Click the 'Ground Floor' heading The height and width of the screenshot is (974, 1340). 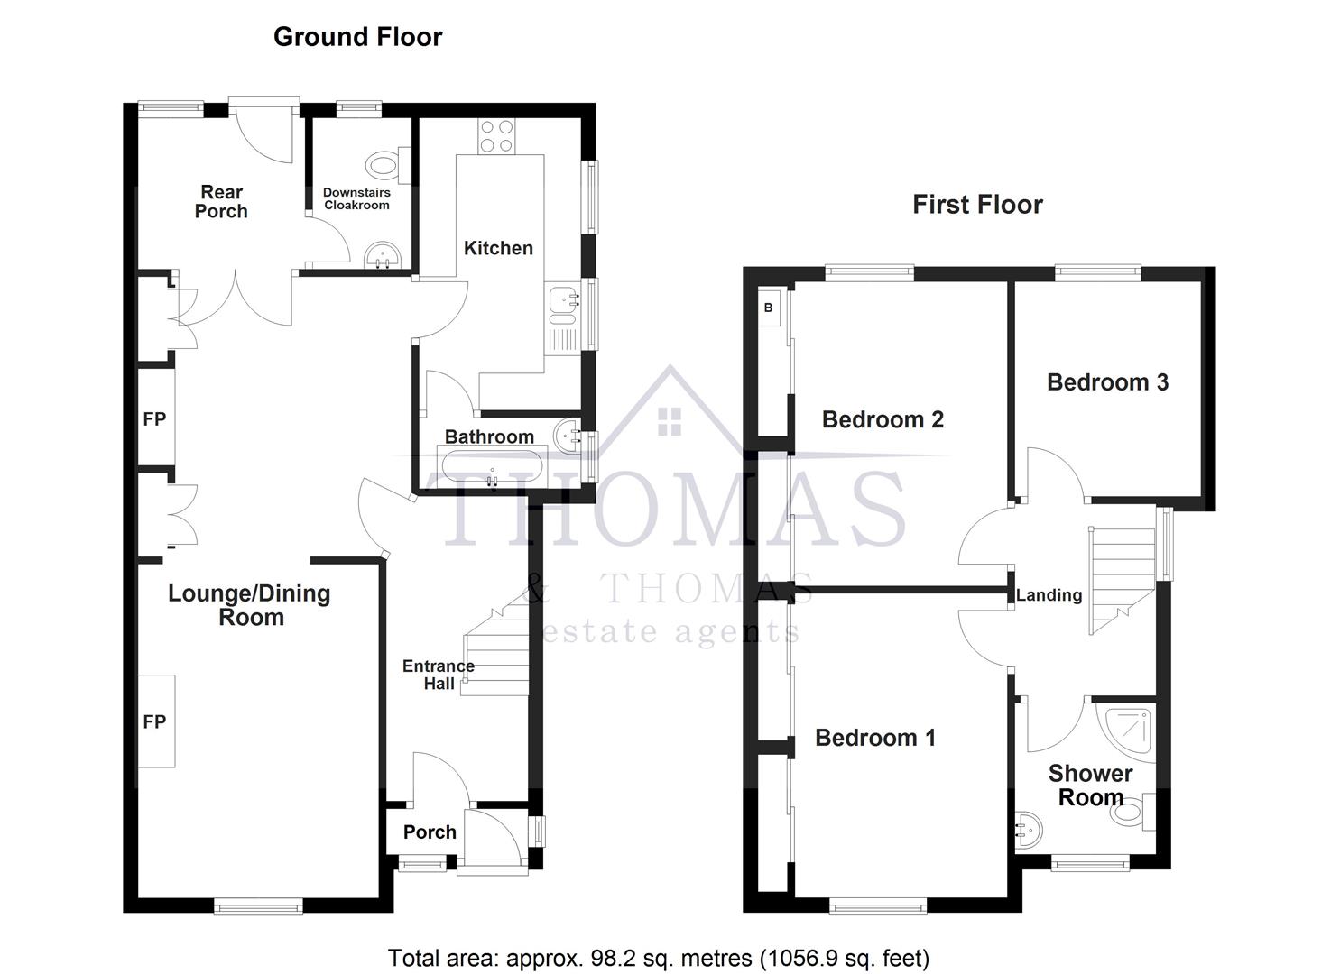click(x=357, y=37)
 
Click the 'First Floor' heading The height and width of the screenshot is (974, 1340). click(x=977, y=205)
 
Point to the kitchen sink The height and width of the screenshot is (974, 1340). click(x=562, y=305)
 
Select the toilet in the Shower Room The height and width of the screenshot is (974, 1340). click(x=1132, y=812)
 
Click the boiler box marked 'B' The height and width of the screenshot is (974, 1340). click(x=769, y=308)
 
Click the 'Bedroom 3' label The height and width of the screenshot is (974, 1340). click(x=1107, y=382)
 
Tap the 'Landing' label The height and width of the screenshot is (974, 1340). click(x=1049, y=595)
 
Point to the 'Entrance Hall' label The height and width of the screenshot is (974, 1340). click(x=439, y=675)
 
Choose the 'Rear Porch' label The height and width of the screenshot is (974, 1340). click(x=221, y=201)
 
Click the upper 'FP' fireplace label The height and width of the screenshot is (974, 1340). click(x=154, y=419)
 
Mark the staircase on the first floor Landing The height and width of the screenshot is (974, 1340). click(x=1123, y=577)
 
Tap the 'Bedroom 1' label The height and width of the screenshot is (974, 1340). click(x=874, y=738)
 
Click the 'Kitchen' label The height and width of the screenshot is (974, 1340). click(x=498, y=248)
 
